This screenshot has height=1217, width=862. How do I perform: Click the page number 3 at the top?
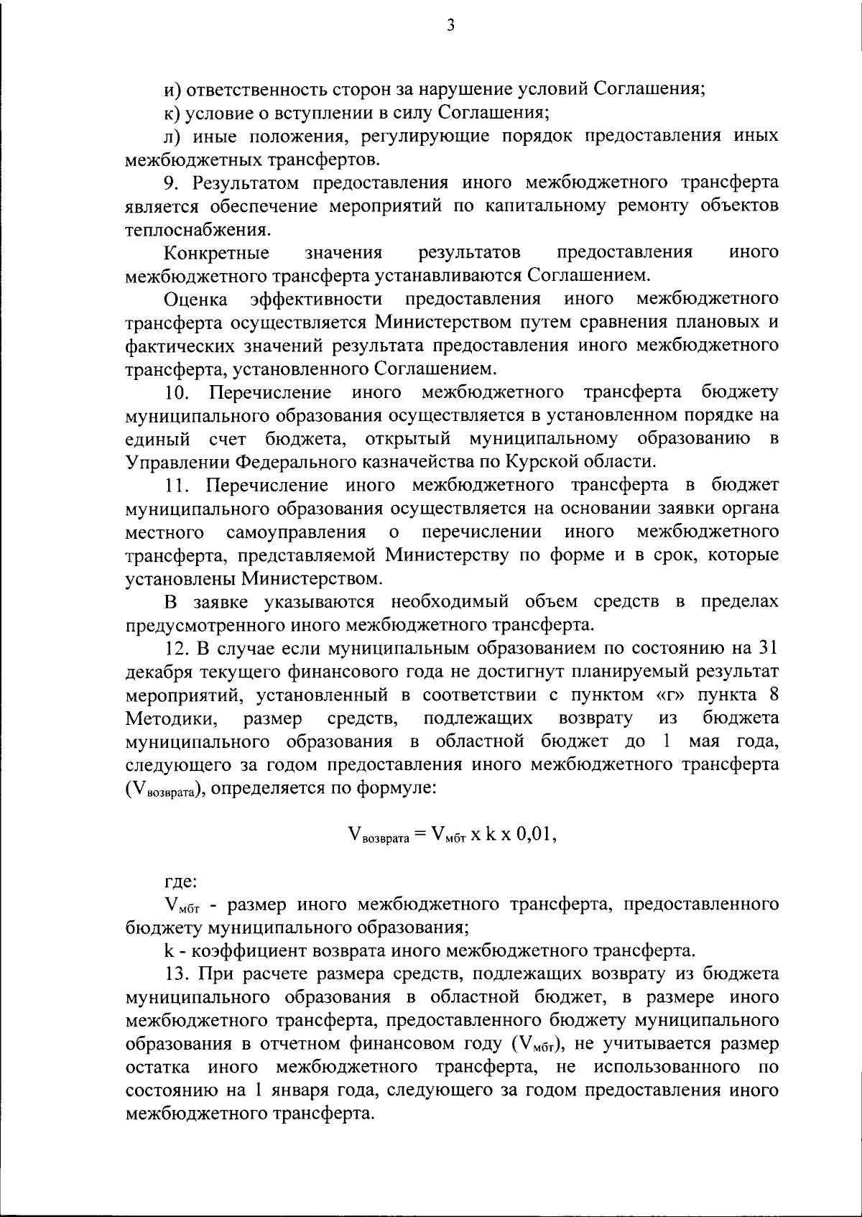[450, 26]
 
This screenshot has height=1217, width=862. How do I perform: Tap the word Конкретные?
[217, 253]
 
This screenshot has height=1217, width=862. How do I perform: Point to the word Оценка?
[195, 299]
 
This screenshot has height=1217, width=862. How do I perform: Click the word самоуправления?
[296, 532]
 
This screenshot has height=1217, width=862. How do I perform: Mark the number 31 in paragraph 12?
[766, 648]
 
